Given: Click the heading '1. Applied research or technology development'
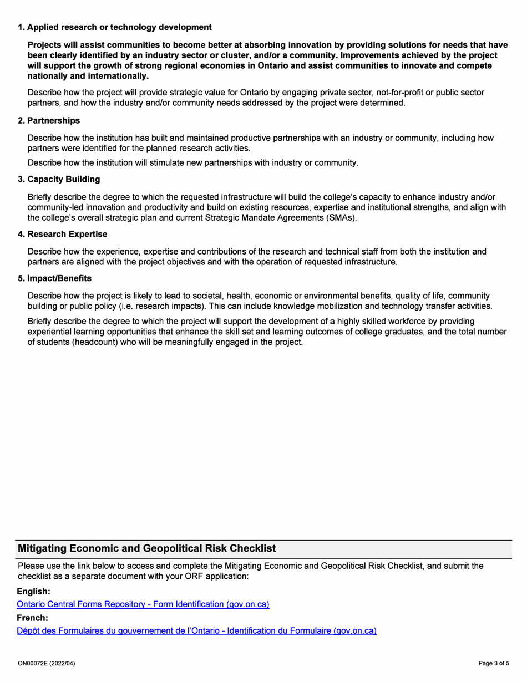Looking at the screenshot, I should tap(115, 27).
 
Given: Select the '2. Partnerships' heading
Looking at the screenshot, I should tap(49, 120).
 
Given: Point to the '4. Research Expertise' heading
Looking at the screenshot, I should tap(62, 234).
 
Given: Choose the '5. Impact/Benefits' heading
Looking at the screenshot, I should tap(55, 278).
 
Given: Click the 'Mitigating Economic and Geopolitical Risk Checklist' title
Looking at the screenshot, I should tap(147, 549).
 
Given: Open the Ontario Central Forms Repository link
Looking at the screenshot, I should tap(143, 604).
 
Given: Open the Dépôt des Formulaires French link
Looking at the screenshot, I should tap(197, 630).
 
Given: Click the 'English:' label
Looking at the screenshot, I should tap(34, 592).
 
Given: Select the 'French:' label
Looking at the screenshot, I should tap(33, 618).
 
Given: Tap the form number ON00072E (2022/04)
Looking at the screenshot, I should tap(47, 663).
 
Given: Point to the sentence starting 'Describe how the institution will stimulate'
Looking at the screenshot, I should tap(193, 162).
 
